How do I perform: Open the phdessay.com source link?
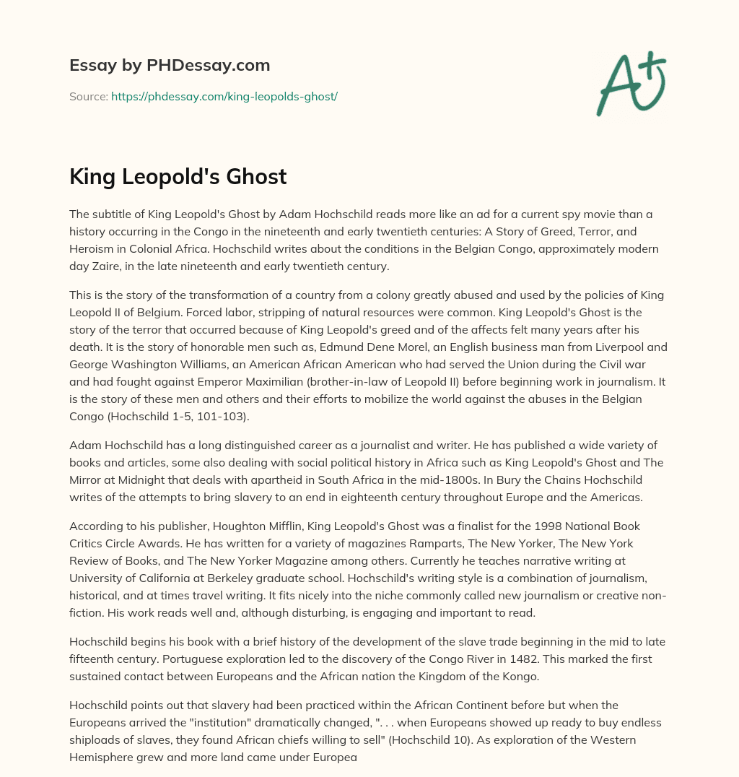(x=224, y=95)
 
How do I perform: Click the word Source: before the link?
(x=88, y=95)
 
